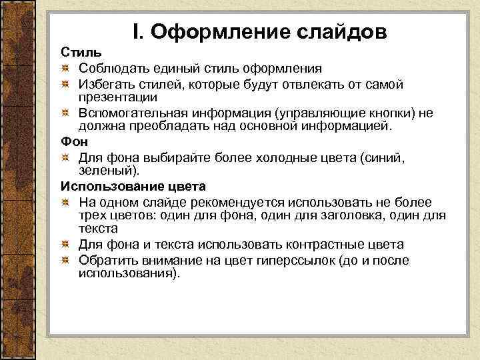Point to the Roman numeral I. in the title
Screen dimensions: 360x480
click(137, 31)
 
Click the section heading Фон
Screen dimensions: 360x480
click(74, 142)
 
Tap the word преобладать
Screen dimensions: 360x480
click(158, 126)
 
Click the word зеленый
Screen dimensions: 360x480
click(104, 171)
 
